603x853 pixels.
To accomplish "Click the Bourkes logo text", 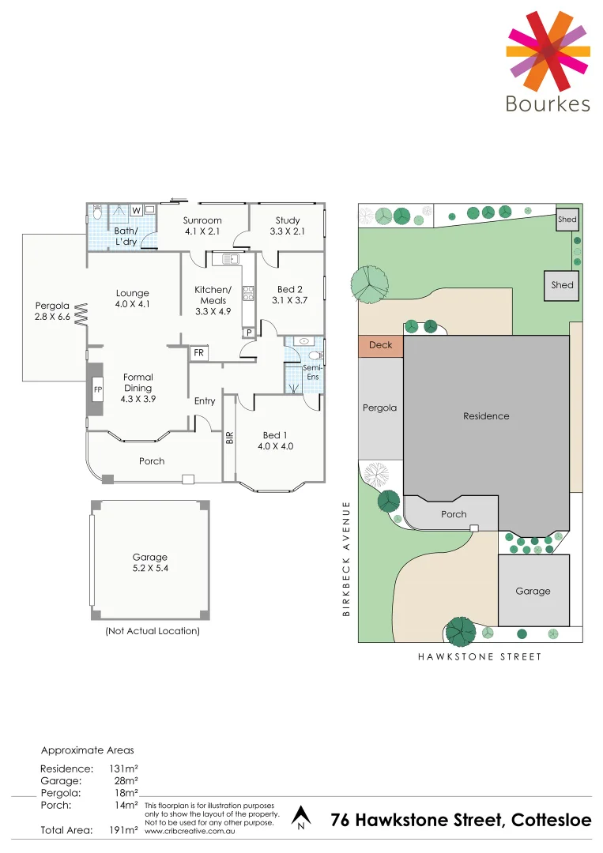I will pos(548,104).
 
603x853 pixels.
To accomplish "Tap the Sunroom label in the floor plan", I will pos(202,220).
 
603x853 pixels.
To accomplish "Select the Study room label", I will pos(288,220).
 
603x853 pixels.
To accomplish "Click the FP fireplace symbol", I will pos(98,390).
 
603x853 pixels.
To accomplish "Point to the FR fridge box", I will pos(199,353).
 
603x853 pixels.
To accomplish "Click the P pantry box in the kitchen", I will pos(248,333).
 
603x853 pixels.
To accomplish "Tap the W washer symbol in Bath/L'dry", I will pos(136,210).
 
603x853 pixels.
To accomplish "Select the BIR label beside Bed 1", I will pos(230,436).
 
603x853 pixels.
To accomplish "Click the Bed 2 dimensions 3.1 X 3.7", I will pos(290,300).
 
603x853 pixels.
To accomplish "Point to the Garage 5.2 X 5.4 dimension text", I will pos(149,567).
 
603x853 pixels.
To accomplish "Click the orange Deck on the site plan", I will pos(381,345).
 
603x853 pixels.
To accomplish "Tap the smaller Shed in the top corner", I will pos(567,220).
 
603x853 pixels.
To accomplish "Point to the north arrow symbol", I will pos(300,817).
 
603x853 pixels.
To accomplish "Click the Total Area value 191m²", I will pos(124,830).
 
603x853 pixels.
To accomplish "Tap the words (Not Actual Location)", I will pos(153,631).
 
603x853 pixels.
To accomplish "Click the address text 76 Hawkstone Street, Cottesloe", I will pos(461,821).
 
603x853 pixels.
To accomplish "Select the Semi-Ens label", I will pos(313,372).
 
